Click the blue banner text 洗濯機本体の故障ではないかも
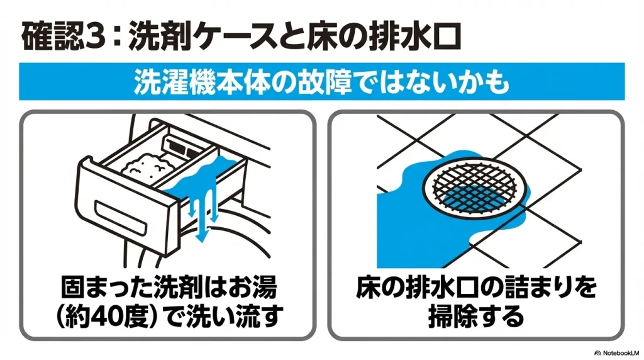click(321, 82)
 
